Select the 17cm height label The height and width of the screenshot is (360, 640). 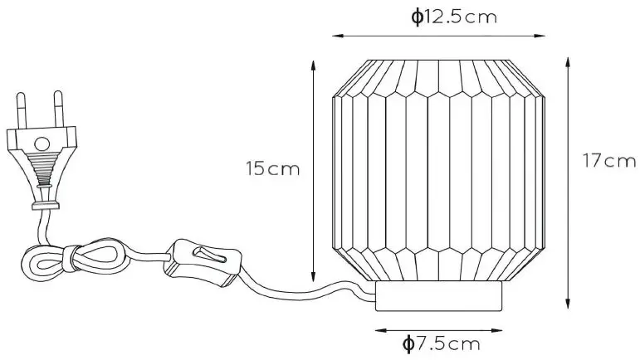(608, 161)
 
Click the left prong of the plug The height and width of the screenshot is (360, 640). (21, 112)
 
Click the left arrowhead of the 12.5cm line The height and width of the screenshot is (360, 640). (335, 36)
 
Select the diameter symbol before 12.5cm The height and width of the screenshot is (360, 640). (417, 17)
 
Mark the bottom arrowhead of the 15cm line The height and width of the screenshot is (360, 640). (313, 281)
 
